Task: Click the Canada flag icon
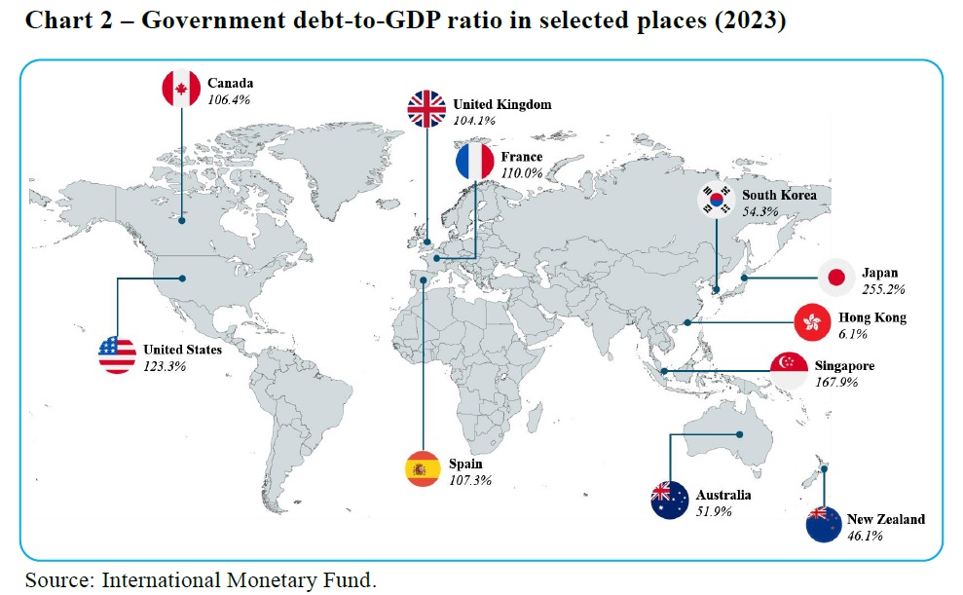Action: click(x=181, y=89)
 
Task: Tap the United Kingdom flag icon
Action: click(x=428, y=109)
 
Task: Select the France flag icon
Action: click(x=476, y=160)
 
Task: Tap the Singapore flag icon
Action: click(x=789, y=371)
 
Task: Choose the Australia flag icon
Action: click(x=671, y=500)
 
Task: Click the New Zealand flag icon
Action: click(x=826, y=524)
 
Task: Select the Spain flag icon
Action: click(x=423, y=469)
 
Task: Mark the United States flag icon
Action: click(x=118, y=354)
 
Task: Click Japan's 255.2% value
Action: click(x=883, y=289)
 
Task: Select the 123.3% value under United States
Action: click(x=164, y=366)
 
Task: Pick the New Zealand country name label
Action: click(x=887, y=519)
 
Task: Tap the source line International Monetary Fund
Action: click(x=238, y=580)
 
